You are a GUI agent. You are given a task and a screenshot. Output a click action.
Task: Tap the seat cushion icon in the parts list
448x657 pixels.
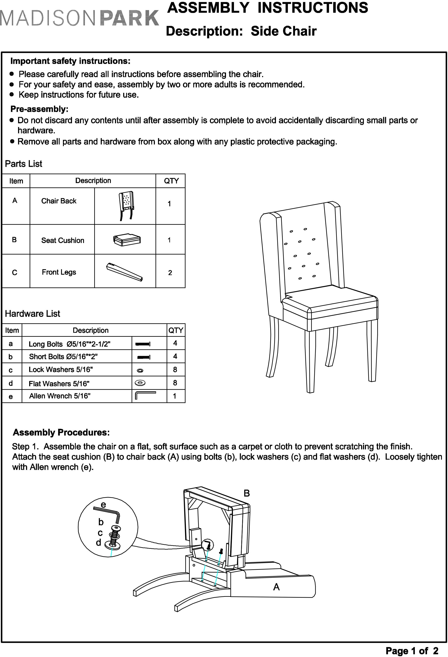coord(127,240)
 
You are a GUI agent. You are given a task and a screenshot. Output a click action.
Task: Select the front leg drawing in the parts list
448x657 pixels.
coord(124,272)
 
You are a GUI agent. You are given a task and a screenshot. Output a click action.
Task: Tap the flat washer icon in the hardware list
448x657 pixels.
coord(140,383)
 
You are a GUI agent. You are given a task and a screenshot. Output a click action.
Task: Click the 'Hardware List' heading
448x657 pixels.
coord(33,314)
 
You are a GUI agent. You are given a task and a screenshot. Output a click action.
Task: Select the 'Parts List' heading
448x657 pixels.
coord(24,164)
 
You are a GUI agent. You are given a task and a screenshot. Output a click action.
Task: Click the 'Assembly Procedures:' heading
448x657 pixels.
coord(61,433)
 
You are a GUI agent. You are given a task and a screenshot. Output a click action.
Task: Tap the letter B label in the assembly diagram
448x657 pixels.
coord(247,493)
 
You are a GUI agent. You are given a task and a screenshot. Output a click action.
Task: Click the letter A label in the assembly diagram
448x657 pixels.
coord(276,587)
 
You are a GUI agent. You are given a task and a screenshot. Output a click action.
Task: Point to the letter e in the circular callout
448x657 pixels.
coord(103,505)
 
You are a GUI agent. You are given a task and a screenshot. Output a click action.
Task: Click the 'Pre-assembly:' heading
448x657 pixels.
coord(39,109)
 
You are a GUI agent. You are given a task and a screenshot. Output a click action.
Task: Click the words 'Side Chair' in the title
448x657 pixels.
coord(284,31)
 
